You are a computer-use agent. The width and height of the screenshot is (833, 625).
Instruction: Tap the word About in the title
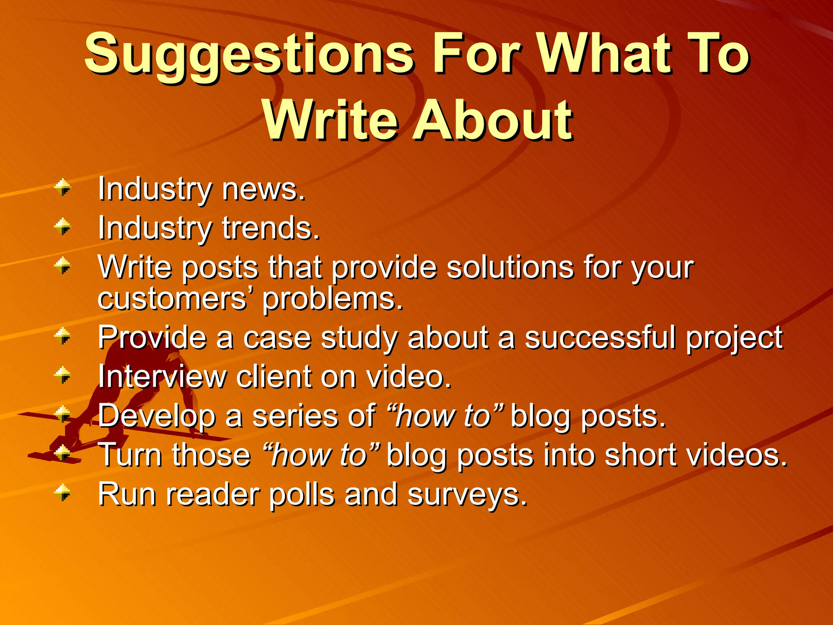pyautogui.click(x=493, y=120)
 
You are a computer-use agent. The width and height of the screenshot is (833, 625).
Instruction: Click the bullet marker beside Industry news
pyautogui.click(x=63, y=188)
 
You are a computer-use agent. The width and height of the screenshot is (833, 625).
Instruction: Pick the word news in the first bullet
pyautogui.click(x=264, y=190)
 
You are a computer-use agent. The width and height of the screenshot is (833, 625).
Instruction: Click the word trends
pyautogui.click(x=271, y=228)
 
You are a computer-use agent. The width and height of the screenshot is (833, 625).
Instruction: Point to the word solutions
pyautogui.click(x=510, y=268)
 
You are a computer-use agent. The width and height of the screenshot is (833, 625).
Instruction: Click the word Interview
pyautogui.click(x=162, y=376)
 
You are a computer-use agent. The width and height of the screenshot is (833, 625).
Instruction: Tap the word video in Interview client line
pyautogui.click(x=408, y=376)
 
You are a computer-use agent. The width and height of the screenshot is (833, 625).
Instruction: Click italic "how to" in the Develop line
pyautogui.click(x=445, y=416)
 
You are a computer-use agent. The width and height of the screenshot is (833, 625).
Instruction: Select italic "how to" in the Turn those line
pyautogui.click(x=321, y=455)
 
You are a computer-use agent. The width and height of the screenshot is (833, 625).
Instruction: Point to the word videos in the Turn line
pyautogui.click(x=737, y=455)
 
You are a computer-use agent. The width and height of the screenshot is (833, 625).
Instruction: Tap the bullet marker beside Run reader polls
pyautogui.click(x=63, y=493)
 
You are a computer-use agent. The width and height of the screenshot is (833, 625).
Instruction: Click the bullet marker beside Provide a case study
pyautogui.click(x=63, y=337)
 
